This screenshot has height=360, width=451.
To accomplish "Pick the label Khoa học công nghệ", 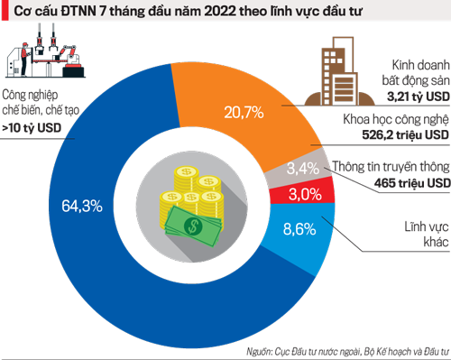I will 394,119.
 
